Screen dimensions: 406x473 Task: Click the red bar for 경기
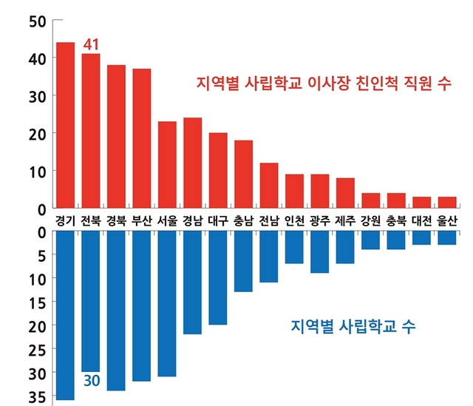(x=65, y=125)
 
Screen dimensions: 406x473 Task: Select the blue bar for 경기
(x=65, y=315)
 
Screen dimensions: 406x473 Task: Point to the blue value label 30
(x=91, y=382)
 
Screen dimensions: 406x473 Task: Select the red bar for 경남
(x=193, y=163)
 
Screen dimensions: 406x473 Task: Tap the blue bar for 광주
(x=320, y=251)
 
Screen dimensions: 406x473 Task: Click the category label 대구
(x=218, y=220)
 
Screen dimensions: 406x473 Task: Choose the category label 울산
(x=447, y=220)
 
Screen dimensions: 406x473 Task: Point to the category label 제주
(x=345, y=220)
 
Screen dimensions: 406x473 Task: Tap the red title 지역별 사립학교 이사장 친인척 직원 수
(x=324, y=83)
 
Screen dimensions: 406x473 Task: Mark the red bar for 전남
(x=269, y=186)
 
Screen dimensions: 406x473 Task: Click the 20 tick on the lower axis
(x=35, y=325)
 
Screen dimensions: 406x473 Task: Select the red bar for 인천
(x=294, y=191)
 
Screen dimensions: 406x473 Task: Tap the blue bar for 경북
(x=116, y=311)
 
